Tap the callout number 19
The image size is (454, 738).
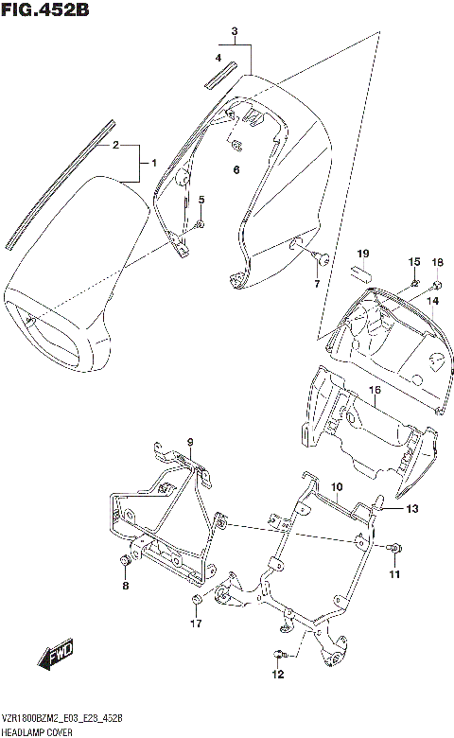click(x=361, y=254)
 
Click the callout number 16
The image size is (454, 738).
click(x=375, y=389)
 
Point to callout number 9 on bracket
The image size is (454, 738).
click(x=189, y=443)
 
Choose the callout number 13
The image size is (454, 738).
click(x=411, y=509)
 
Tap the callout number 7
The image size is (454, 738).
click(x=317, y=283)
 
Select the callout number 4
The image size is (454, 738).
click(x=218, y=58)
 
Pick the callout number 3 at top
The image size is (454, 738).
click(x=234, y=33)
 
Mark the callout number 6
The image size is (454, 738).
click(x=236, y=170)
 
